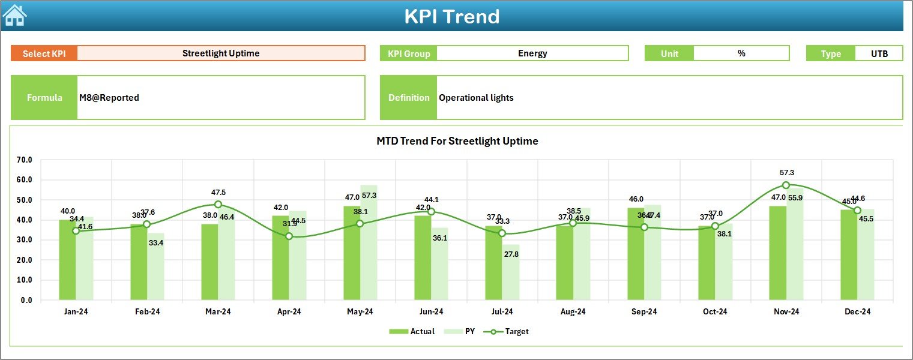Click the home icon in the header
tap(14, 16)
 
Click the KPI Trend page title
tap(451, 16)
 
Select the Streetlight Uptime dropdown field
tap(221, 53)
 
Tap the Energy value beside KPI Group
tap(532, 53)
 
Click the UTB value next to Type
tap(879, 53)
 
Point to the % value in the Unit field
tap(741, 53)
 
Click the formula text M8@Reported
tap(109, 98)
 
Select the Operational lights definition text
tap(476, 98)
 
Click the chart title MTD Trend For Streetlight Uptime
tap(457, 141)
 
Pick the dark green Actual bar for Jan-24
tap(67, 260)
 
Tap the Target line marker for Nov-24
tap(786, 185)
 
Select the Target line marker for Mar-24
tap(218, 205)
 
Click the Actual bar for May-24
tap(352, 253)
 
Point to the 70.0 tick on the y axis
tap(25, 160)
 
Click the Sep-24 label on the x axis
tap(644, 312)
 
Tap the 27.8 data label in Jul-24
tap(511, 254)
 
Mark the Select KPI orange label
tap(44, 53)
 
